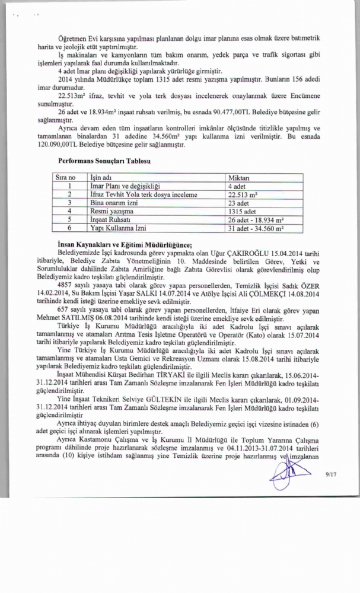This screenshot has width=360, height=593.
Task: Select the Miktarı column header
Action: [239, 177]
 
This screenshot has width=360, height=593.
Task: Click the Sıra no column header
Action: [65, 177]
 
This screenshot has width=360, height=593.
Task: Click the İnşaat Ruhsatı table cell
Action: [110, 218]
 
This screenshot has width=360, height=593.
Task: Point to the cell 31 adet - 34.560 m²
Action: [256, 227]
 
